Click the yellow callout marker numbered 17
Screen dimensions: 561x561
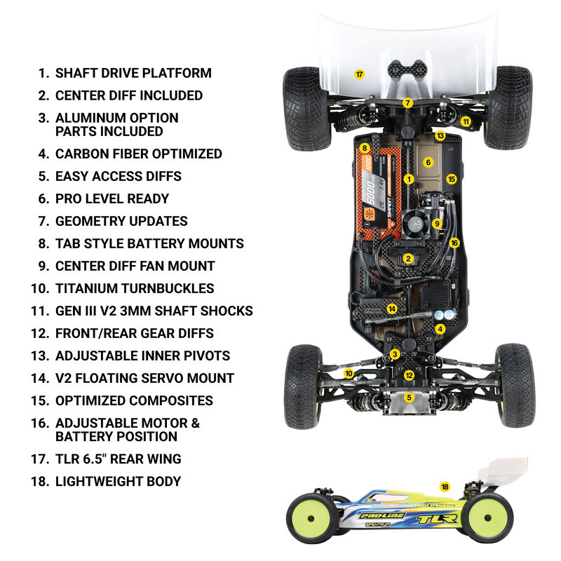(x=359, y=74)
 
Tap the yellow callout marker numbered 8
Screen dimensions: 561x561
(x=365, y=148)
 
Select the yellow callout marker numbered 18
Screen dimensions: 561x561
(x=445, y=487)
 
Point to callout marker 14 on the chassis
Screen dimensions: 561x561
(x=392, y=309)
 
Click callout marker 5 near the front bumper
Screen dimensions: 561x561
(x=410, y=397)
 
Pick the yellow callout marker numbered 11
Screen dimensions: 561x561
(x=466, y=121)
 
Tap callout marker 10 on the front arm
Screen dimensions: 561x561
(x=349, y=374)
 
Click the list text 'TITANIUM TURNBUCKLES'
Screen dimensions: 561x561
(x=135, y=288)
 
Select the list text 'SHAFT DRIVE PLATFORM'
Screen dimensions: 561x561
(x=133, y=73)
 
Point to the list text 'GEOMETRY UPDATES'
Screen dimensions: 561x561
(x=121, y=221)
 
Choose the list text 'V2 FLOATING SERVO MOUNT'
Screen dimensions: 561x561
(x=144, y=378)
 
